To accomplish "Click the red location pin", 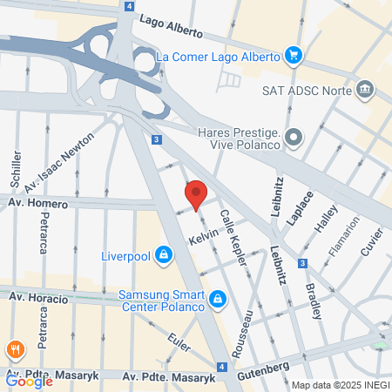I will coord(195,193).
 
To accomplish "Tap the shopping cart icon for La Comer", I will coord(294,57).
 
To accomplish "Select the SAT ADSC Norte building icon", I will coord(366,89).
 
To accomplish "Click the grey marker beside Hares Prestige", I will coord(294,137).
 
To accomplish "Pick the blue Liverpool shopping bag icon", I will coord(163,256).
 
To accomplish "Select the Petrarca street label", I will coord(44,233).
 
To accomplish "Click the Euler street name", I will coord(179,344).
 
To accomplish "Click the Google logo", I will coord(29,380).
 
